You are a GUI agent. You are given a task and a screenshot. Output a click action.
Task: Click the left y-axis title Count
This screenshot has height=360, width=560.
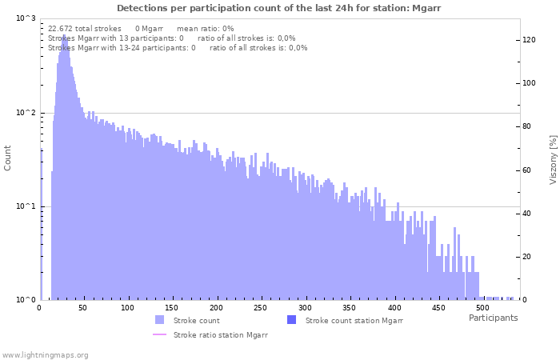coord(8,158)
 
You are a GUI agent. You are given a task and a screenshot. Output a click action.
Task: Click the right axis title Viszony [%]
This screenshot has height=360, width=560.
coord(552,159)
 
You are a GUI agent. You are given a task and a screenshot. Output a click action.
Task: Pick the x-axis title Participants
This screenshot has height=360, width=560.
coord(493,318)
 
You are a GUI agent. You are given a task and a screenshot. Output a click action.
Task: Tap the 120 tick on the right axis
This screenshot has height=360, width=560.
coord(529,40)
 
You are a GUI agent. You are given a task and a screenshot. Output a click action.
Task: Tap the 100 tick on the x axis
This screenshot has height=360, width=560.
coord(128,307)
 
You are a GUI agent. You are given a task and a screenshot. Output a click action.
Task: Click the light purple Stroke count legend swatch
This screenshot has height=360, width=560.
coord(160,320)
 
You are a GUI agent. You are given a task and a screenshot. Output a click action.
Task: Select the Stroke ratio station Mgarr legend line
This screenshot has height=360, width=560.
coord(160,335)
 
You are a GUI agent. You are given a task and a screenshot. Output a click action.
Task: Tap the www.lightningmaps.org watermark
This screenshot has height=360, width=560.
coord(46,354)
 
